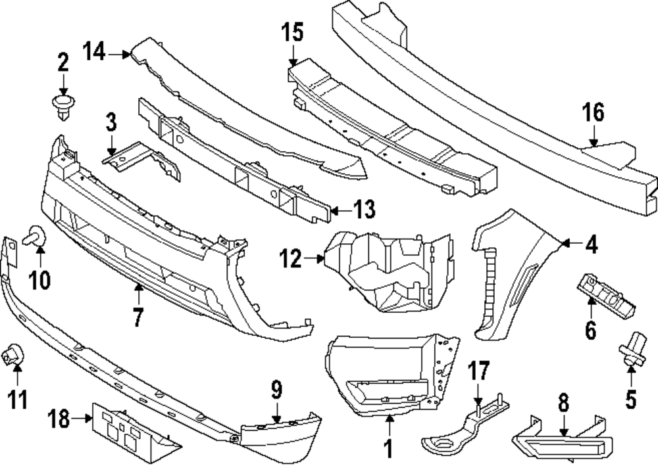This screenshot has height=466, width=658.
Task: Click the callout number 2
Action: [x=63, y=63]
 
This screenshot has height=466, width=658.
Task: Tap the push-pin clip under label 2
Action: [x=62, y=106]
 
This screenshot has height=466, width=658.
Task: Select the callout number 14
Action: [x=95, y=51]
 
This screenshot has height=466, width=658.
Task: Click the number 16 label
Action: [x=593, y=113]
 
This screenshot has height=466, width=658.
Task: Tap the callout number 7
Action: [x=138, y=317]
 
